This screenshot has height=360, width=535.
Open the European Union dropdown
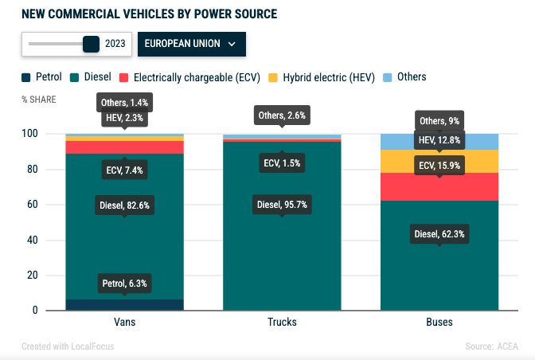click(191, 45)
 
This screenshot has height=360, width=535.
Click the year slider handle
click(91, 45)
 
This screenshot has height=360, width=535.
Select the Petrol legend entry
click(42, 77)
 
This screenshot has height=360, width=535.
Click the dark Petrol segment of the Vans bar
click(124, 305)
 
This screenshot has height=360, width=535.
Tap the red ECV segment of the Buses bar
click(439, 187)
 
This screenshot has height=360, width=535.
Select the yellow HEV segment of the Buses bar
click(439, 161)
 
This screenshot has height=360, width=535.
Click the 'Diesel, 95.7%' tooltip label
click(282, 205)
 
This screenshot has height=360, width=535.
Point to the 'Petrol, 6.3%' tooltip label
click(124, 284)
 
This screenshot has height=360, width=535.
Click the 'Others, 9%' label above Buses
click(439, 121)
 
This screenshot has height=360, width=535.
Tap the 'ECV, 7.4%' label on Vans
click(124, 170)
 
